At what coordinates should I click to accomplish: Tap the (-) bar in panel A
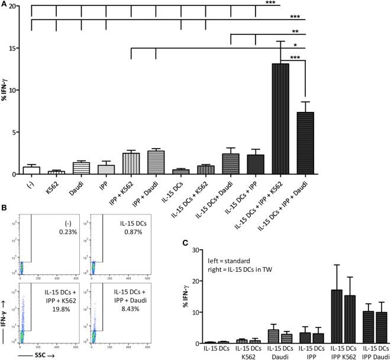pyautogui.click(x=31, y=170)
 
